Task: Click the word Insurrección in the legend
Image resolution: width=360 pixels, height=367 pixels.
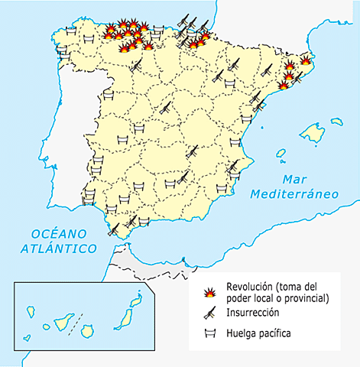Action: coord(252,313)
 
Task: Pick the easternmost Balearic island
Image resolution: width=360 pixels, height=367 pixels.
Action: coord(336,121)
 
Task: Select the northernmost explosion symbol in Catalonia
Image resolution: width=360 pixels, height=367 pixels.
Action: coord(306,60)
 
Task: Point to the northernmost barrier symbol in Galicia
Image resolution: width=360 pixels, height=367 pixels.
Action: coord(70,31)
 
